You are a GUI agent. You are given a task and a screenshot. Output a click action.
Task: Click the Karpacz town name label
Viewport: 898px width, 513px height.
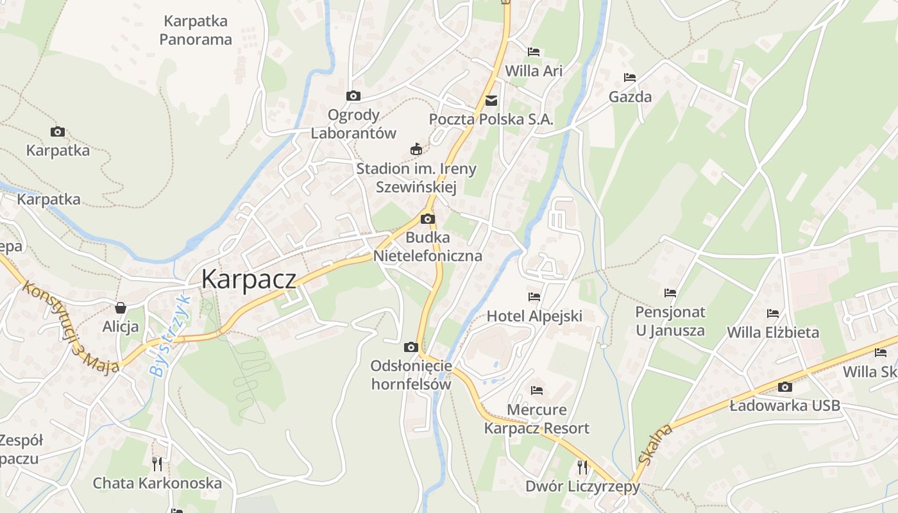(249, 279)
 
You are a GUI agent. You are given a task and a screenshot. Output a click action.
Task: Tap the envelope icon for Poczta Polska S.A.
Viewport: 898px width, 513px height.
(491, 100)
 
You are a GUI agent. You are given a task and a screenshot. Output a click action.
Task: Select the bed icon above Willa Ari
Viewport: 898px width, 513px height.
(534, 52)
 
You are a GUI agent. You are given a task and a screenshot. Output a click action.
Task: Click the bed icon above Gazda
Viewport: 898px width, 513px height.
(630, 78)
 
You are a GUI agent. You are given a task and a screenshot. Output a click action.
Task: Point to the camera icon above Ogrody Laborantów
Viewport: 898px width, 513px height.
(353, 96)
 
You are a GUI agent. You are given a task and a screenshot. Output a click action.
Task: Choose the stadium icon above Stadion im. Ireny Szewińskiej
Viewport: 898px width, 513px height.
(416, 149)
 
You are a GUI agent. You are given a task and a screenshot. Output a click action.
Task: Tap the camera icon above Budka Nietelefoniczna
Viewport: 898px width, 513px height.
(428, 219)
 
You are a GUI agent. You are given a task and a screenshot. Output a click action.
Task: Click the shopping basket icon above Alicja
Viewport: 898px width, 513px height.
(121, 308)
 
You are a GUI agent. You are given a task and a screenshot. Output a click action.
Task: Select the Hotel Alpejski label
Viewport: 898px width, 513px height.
(534, 315)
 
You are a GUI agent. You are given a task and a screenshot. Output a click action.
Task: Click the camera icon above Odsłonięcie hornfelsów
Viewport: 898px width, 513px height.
(411, 348)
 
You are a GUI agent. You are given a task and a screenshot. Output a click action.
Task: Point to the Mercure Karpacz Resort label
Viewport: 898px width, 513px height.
(537, 419)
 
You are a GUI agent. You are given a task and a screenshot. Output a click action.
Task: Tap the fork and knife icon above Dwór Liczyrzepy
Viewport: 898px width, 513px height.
(582, 467)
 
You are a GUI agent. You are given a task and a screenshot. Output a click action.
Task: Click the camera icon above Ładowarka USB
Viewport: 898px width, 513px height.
(784, 387)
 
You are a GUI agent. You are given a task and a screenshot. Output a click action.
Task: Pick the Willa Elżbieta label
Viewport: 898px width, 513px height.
(773, 332)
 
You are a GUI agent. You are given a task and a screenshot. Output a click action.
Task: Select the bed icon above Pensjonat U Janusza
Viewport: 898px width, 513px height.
(670, 293)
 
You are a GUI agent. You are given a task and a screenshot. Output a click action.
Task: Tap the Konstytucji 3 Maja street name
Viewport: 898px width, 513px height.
(71, 328)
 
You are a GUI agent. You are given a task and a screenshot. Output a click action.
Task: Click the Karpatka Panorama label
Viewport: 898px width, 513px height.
(196, 30)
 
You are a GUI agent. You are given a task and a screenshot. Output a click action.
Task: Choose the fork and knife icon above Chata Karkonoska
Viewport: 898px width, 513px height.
(157, 463)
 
